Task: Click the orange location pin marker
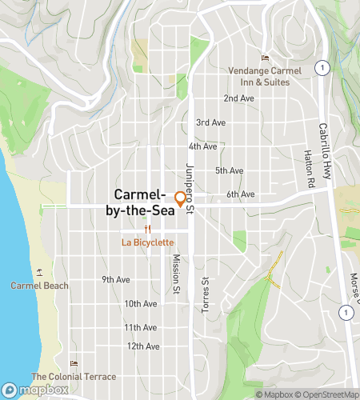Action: tap(180, 199)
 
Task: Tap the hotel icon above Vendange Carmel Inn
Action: tap(266, 58)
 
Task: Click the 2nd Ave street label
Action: tap(238, 98)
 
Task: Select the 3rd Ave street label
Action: tap(210, 122)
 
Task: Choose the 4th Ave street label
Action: tap(202, 146)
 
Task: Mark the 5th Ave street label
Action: tap(229, 170)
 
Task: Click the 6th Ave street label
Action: tap(240, 194)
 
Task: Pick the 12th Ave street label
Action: tap(143, 346)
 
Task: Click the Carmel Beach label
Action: tap(40, 286)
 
